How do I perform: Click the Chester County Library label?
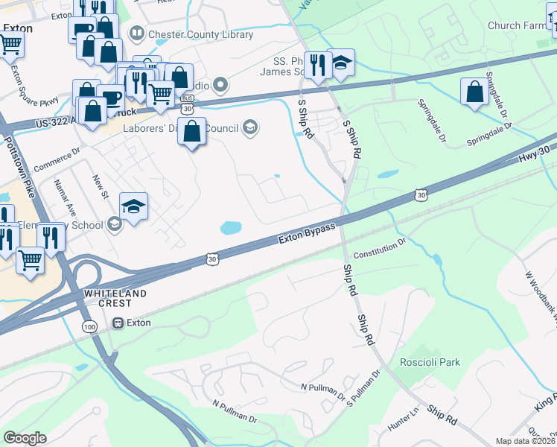pyautogui.click(x=191, y=34)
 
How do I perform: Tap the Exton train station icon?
pyautogui.click(x=118, y=323)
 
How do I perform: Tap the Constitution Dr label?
pyautogui.click(x=379, y=247)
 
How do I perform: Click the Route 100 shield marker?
pyautogui.click(x=89, y=327)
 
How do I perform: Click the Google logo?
pyautogui.click(x=25, y=437)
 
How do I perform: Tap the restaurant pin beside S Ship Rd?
pyautogui.click(x=317, y=64)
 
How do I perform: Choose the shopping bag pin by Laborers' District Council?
pyautogui.click(x=192, y=131)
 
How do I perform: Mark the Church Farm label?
pyautogui.click(x=516, y=25)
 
